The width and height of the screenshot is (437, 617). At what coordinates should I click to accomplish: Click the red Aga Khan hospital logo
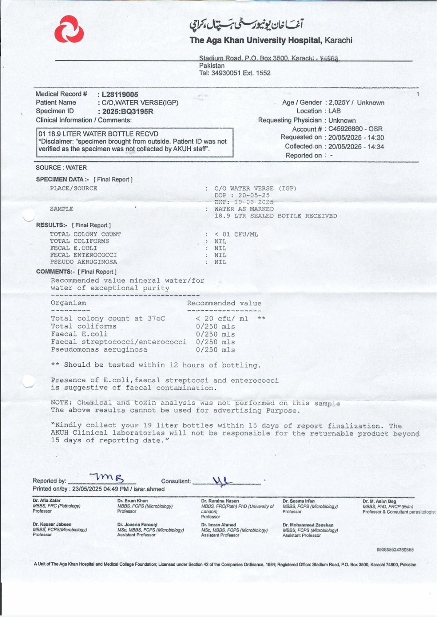point(69,29)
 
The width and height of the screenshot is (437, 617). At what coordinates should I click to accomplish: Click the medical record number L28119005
point(120,94)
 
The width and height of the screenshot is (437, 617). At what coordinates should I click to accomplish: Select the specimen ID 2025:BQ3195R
point(127,111)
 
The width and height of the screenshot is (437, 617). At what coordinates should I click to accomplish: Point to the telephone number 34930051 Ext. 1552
point(241,73)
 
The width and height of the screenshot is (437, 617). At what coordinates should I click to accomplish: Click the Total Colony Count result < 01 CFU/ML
point(236,234)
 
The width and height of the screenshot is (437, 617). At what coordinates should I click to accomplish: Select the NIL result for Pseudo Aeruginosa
point(220,262)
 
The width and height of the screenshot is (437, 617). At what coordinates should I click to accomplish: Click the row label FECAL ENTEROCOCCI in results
point(83,255)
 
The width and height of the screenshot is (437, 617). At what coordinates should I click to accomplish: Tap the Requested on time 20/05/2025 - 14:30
point(356,137)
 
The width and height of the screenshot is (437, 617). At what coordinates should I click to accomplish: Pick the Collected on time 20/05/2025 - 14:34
point(356,147)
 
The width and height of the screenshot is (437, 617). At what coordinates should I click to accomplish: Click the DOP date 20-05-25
point(254,195)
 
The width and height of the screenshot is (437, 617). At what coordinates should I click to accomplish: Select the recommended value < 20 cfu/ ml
point(222,319)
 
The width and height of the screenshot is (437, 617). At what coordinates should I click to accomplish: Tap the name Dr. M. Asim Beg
point(379,501)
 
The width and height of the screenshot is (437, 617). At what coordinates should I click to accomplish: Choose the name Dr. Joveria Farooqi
point(137,524)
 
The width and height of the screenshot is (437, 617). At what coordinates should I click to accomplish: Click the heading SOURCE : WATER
point(61,168)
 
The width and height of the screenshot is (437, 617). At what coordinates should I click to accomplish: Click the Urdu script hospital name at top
point(246,25)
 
